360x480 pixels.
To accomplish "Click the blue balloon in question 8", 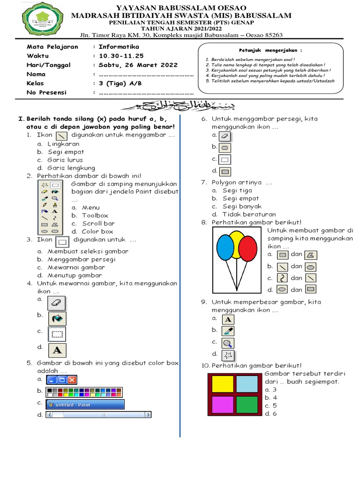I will click(225, 247).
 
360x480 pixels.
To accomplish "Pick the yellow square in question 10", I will click(222, 383).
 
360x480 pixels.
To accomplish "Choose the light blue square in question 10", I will click(247, 383).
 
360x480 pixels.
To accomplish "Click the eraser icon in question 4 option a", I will click(57, 302).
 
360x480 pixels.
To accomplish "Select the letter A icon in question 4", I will click(57, 350).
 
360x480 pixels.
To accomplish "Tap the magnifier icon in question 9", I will click(228, 343).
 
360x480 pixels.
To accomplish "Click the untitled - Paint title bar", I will click(85, 405).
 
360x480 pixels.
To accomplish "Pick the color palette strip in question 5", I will click(84, 391).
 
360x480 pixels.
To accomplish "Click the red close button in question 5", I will click(72, 379).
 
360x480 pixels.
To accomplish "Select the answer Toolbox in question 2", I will click(95, 216).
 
